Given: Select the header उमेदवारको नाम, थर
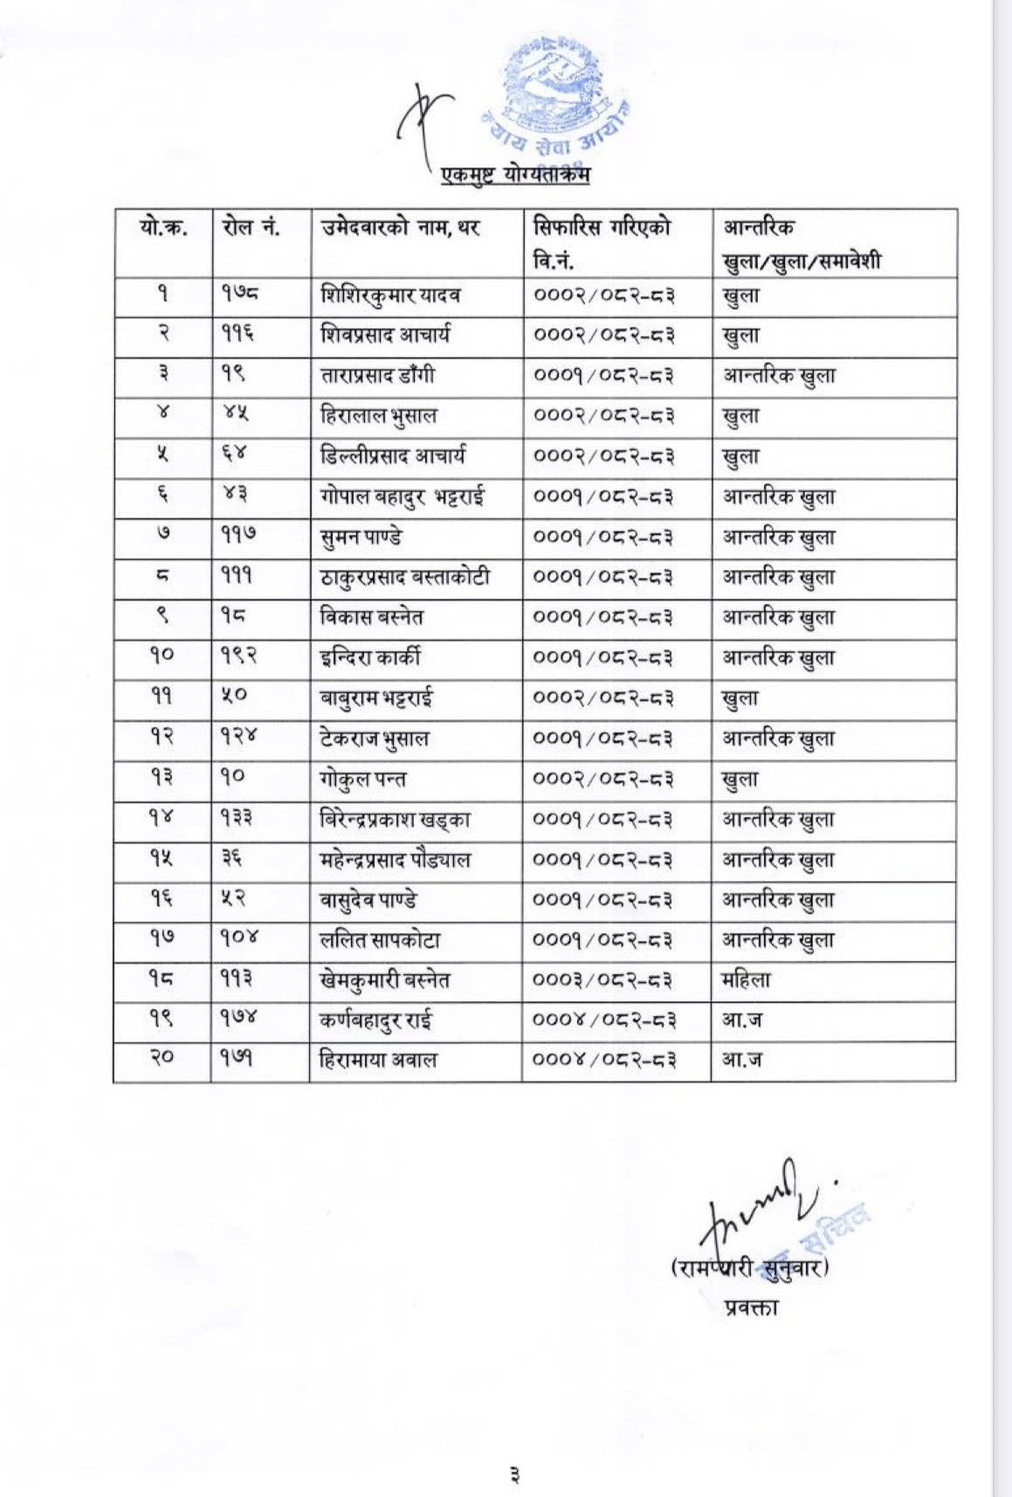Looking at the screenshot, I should tap(401, 229).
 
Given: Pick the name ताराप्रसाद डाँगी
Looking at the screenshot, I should tap(377, 376).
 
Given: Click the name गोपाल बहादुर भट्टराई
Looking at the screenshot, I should tap(403, 497).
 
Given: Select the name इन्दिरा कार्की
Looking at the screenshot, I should tap(370, 658).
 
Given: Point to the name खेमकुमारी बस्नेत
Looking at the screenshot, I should tap(385, 980).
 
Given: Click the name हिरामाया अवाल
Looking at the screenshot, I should tap(378, 1061).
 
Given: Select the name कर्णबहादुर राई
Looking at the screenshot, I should tap(376, 1020).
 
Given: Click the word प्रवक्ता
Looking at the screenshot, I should tap(751, 1308).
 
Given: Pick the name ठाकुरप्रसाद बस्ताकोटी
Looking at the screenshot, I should tap(405, 578).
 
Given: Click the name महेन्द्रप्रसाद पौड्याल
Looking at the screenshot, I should tap(396, 860).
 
